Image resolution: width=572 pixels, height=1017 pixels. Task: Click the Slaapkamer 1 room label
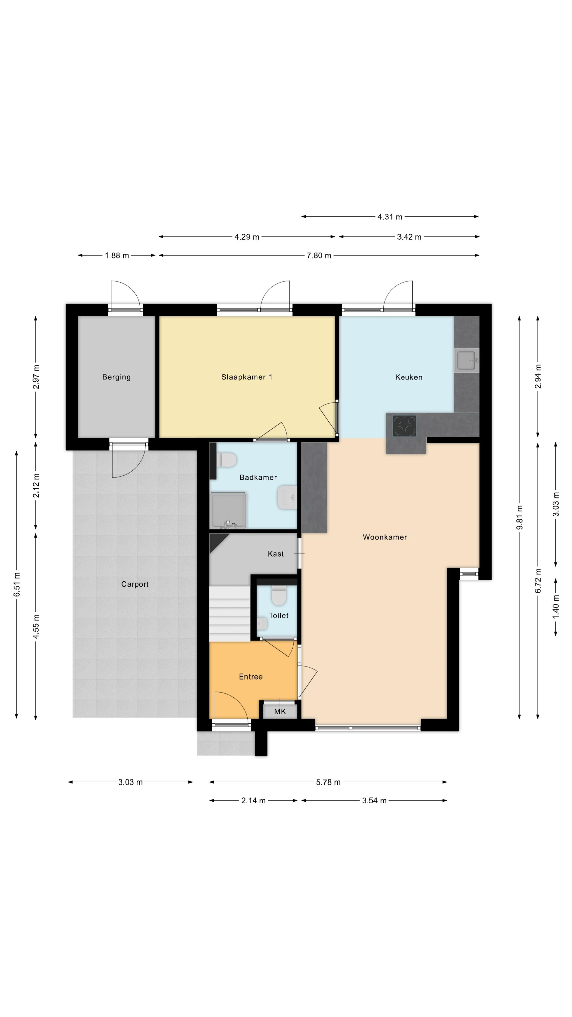(x=246, y=377)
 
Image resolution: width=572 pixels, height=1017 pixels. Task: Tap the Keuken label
(x=409, y=377)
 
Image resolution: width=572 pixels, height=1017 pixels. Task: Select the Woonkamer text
(x=385, y=537)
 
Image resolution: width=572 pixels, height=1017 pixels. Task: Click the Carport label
(x=135, y=584)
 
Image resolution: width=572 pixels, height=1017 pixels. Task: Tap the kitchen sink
(x=466, y=360)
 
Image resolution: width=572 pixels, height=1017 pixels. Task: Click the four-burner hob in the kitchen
(x=404, y=426)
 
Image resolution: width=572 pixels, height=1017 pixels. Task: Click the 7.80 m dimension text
(x=319, y=255)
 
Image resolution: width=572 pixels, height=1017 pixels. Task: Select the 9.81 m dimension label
(x=520, y=518)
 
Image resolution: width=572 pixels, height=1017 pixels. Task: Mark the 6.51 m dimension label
(x=17, y=584)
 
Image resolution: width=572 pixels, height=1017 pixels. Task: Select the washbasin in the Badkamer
(x=287, y=497)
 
